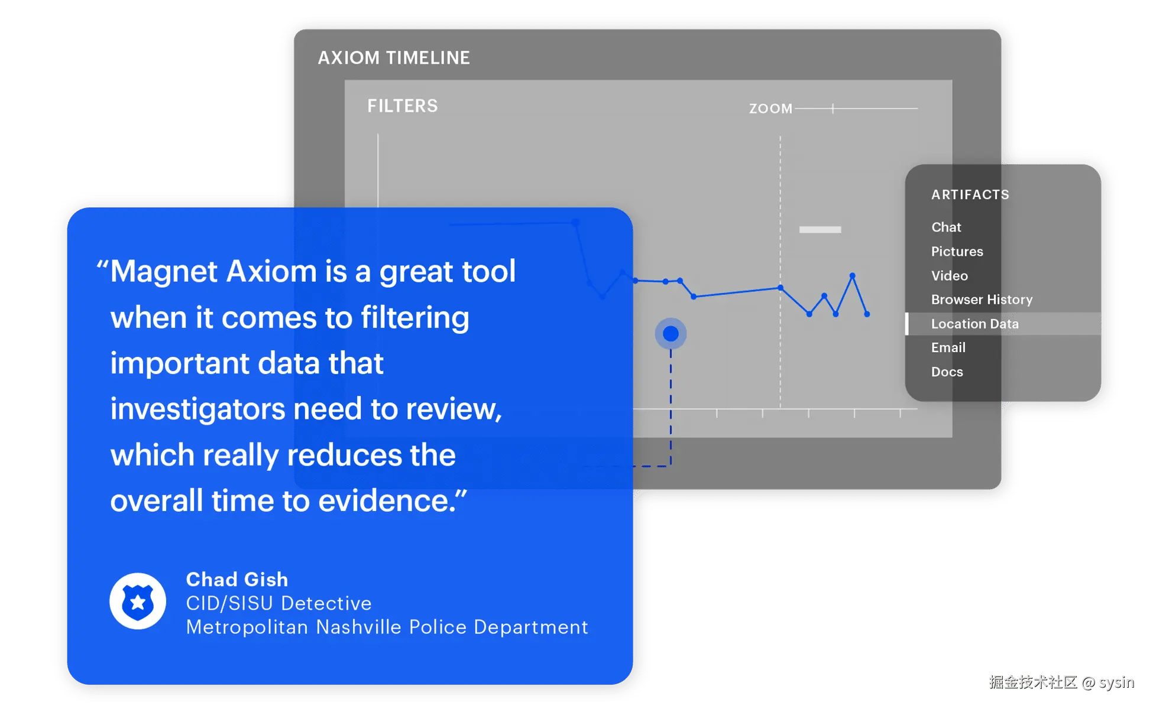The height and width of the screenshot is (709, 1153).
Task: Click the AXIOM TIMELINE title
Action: [x=394, y=58]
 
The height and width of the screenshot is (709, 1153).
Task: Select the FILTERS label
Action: [x=403, y=106]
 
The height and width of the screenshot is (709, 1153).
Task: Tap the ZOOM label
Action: [x=770, y=109]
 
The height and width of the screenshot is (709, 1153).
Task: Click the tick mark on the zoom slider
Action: [x=833, y=109]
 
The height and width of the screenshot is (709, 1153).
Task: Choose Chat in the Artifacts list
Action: [x=946, y=227]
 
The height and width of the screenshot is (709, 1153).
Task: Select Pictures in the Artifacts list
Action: [x=957, y=251]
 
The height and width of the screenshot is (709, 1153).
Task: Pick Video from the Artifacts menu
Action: [x=949, y=275]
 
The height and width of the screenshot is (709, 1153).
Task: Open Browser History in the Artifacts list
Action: [x=982, y=300]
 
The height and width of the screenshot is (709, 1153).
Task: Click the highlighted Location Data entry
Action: [x=974, y=324]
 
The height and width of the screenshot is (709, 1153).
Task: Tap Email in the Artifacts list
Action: [x=948, y=347]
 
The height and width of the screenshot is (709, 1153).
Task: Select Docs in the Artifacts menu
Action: [x=947, y=372]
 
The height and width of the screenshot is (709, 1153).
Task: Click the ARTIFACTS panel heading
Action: [x=970, y=194]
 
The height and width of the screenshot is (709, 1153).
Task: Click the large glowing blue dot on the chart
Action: [x=671, y=334]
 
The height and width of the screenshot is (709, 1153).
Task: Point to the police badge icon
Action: [x=138, y=601]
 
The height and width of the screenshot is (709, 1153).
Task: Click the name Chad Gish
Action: [x=237, y=579]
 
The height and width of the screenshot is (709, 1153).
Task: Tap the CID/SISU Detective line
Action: [x=278, y=603]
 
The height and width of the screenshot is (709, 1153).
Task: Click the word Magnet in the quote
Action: [x=164, y=272]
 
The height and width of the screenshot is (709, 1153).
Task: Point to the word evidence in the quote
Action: [x=386, y=501]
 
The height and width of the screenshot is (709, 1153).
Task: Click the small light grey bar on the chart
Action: [x=820, y=229]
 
